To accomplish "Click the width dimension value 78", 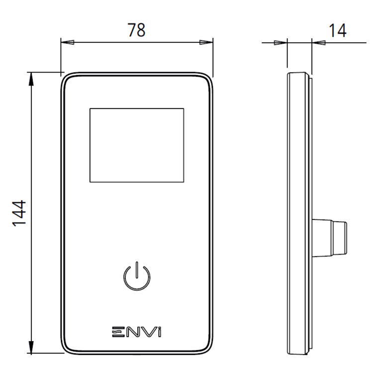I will point(136,30).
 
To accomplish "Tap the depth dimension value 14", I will point(337,30).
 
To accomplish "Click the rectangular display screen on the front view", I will point(137,145).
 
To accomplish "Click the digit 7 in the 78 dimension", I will point(131,30).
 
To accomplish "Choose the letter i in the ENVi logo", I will point(158,331).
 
